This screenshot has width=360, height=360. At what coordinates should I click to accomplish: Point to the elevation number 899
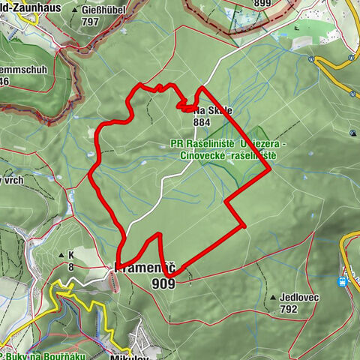(x=262, y=4)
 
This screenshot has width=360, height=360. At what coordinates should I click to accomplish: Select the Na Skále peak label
(x=214, y=110)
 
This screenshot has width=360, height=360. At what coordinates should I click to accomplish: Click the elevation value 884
(x=202, y=121)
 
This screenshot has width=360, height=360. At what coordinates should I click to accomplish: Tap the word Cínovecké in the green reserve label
(x=205, y=154)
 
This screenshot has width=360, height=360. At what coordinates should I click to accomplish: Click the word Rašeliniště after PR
(x=211, y=142)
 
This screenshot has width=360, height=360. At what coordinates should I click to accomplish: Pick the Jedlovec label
(x=300, y=297)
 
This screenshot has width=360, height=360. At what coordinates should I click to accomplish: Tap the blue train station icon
(x=343, y=282)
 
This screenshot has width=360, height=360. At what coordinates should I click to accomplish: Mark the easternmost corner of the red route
(x=270, y=169)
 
